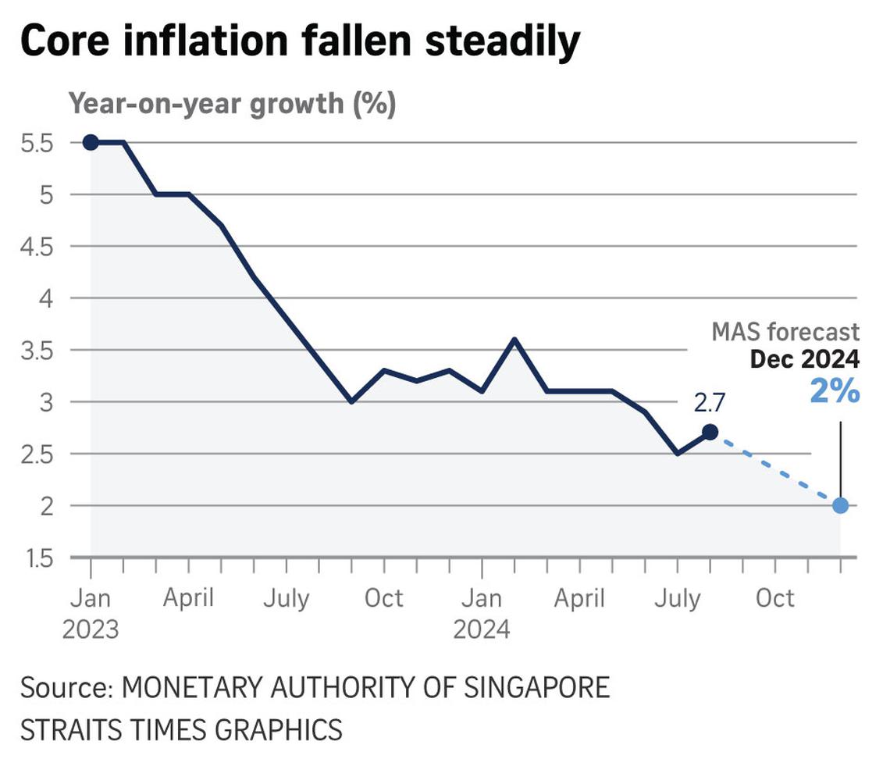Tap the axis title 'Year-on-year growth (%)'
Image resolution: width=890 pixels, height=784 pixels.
pyautogui.click(x=232, y=103)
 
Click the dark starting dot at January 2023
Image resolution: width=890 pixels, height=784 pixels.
pyautogui.click(x=91, y=142)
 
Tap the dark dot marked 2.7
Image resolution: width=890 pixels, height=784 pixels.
pyautogui.click(x=710, y=432)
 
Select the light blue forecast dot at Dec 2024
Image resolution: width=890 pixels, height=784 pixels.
pyautogui.click(x=840, y=505)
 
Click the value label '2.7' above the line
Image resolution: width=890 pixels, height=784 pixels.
pyautogui.click(x=710, y=404)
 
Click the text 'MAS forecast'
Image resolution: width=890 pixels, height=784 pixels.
pyautogui.click(x=785, y=332)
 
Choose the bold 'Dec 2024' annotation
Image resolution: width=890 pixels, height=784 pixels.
pyautogui.click(x=804, y=359)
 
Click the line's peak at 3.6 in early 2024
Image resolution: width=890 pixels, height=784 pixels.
pyautogui.click(x=514, y=339)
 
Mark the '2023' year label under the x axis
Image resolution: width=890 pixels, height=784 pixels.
pyautogui.click(x=91, y=629)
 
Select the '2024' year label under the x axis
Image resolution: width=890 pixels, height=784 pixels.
pyautogui.click(x=482, y=629)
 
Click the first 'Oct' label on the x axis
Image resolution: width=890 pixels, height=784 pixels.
pyautogui.click(x=383, y=599)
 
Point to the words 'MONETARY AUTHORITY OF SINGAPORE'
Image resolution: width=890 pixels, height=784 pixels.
pyautogui.click(x=366, y=688)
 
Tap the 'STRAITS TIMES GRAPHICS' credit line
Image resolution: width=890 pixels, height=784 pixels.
pyautogui.click(x=181, y=729)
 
